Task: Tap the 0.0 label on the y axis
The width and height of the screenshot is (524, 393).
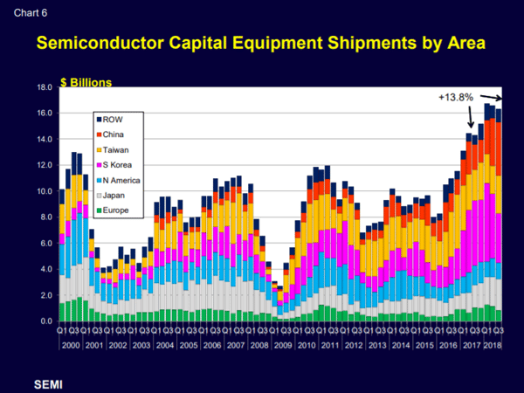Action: (x=45, y=321)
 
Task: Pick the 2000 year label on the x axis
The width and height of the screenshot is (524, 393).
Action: (x=72, y=346)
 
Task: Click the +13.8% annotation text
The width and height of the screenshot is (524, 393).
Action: (x=454, y=97)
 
